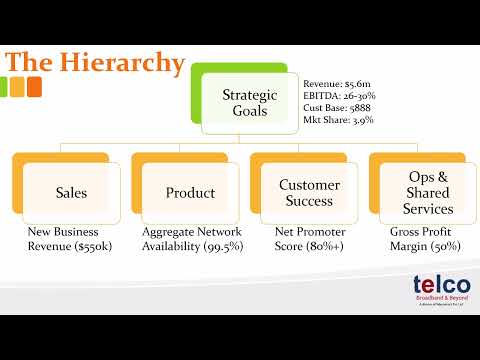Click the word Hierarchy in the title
coord(125,62)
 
